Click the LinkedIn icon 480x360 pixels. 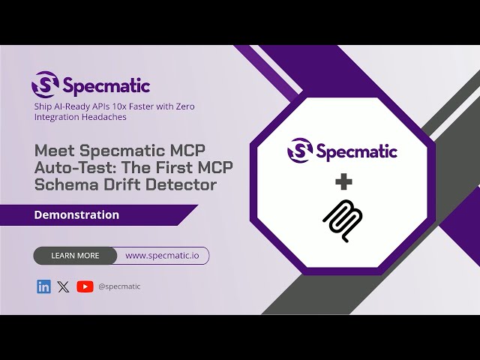(x=43, y=286)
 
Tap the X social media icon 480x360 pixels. (x=63, y=286)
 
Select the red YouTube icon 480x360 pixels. (x=85, y=286)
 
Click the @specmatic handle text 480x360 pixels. (x=119, y=286)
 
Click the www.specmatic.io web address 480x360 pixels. (x=162, y=256)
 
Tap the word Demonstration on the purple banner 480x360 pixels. (x=76, y=214)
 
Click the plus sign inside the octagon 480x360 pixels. (x=343, y=182)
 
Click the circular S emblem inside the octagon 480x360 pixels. (x=299, y=151)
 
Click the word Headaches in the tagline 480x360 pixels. (x=103, y=117)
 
